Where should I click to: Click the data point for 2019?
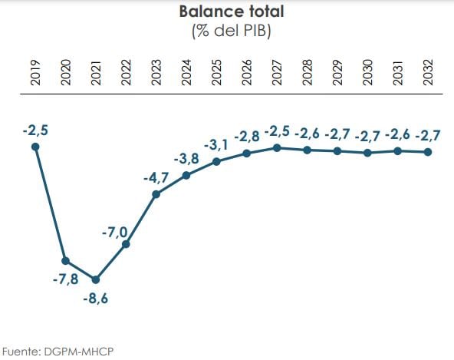click(35, 147)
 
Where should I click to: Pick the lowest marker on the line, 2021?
click(96, 279)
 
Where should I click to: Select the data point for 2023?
click(156, 194)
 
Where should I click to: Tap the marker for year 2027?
click(277, 147)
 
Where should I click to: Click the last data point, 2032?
click(428, 151)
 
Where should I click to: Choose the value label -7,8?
click(65, 279)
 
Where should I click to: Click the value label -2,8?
click(246, 137)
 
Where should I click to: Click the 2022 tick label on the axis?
click(127, 71)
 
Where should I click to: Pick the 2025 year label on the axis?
click(217, 71)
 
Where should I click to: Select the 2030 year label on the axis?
click(368, 71)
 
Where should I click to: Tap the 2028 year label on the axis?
click(308, 71)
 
